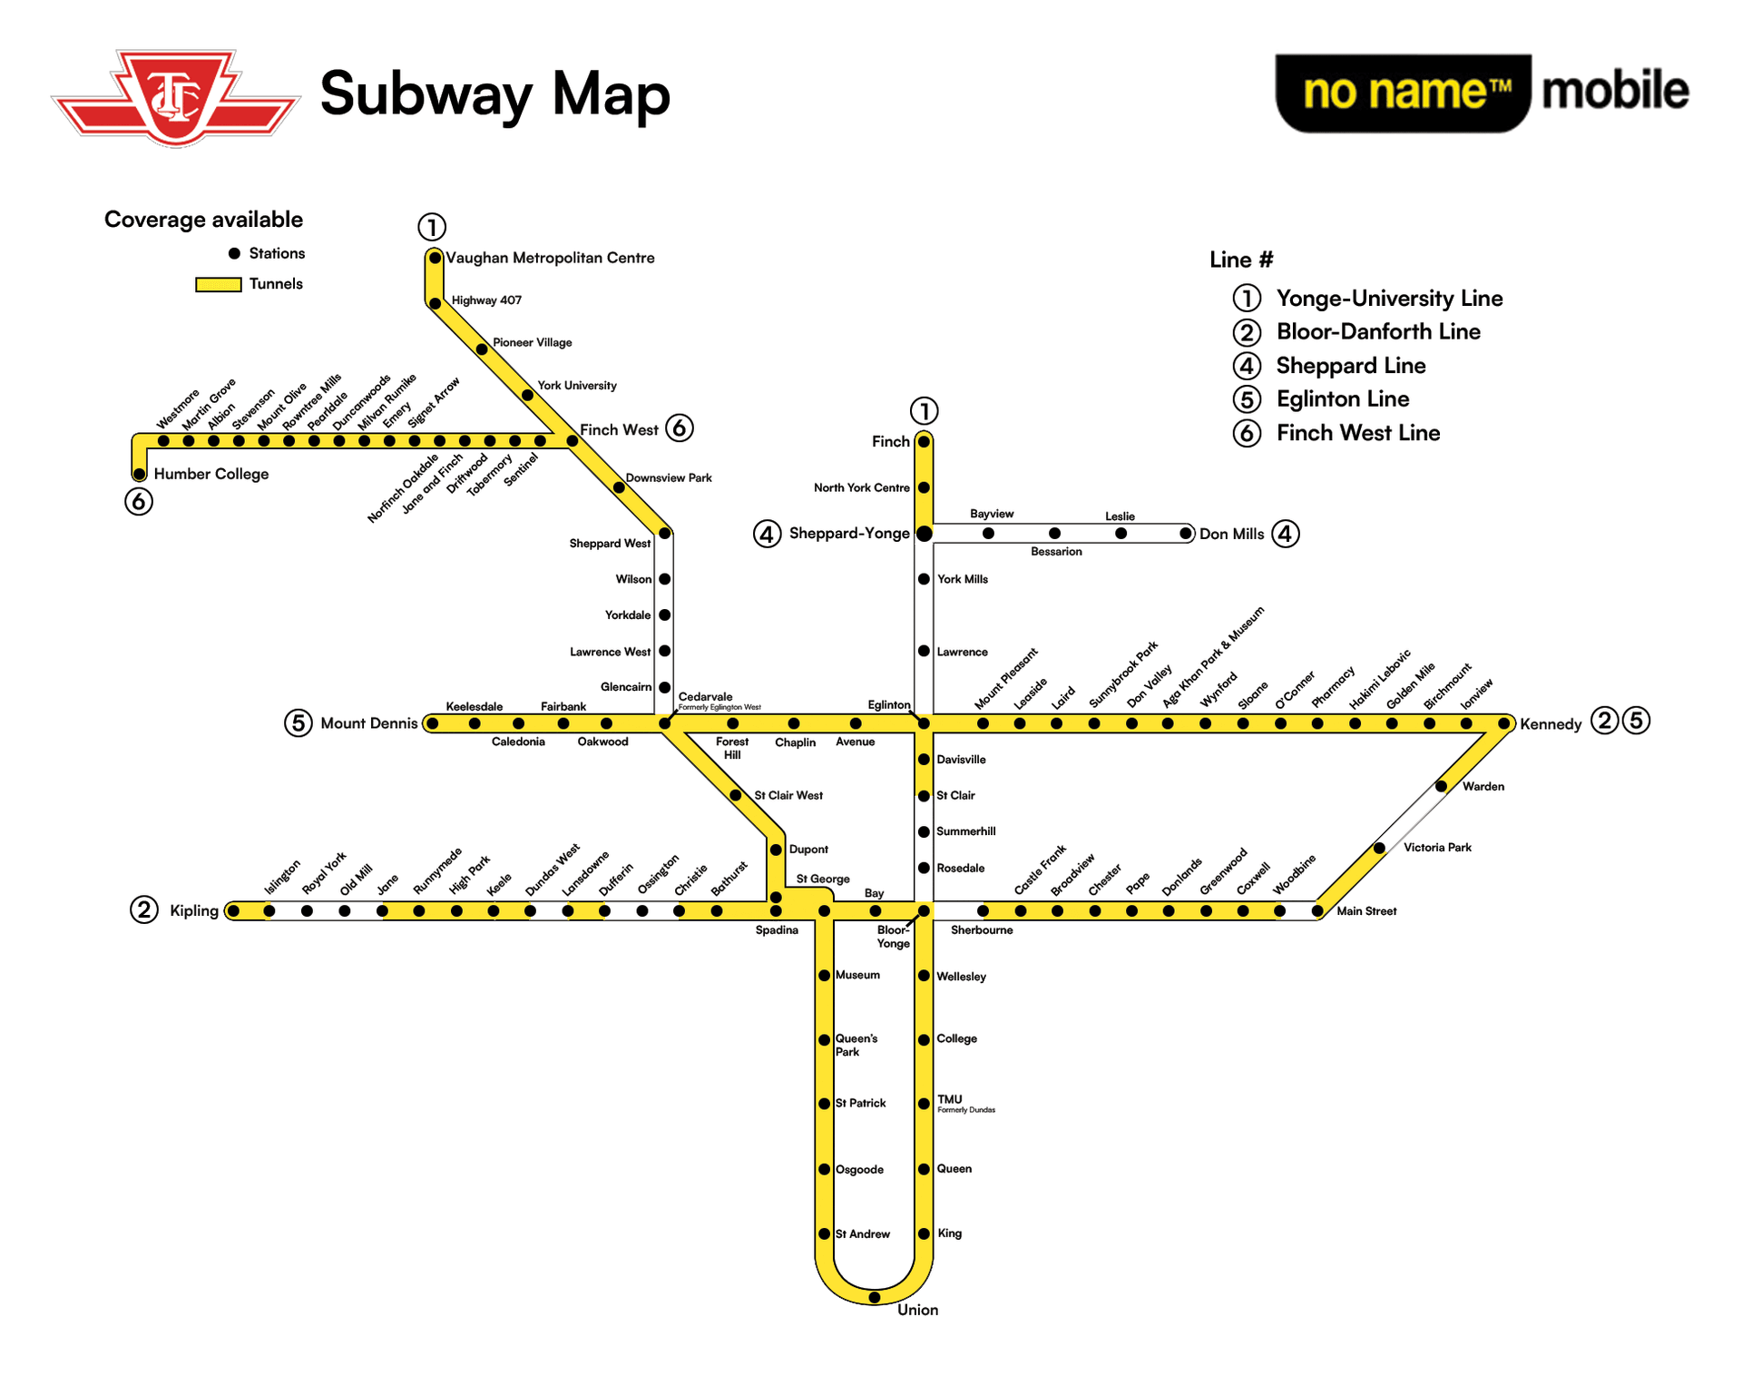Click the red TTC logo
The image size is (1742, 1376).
click(x=176, y=98)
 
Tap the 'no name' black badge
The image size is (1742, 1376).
click(x=1403, y=93)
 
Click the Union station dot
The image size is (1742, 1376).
click(x=874, y=1297)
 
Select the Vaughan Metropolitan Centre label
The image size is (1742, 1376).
click(x=550, y=258)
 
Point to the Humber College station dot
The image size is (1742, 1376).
click(x=139, y=474)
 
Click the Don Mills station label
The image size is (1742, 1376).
click(x=1231, y=534)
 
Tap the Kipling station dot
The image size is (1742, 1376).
click(x=233, y=910)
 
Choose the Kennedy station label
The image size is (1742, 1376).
click(x=1551, y=724)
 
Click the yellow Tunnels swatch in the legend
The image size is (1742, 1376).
click(x=218, y=284)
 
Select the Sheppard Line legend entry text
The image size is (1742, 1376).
click(x=1351, y=366)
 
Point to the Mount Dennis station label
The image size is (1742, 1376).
click(x=368, y=723)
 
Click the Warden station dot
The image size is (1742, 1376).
click(x=1441, y=786)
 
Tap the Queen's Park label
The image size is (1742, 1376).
click(x=856, y=1045)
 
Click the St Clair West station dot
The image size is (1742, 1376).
click(x=736, y=795)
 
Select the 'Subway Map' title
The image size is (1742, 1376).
click(x=494, y=94)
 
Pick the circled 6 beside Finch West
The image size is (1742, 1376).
click(x=679, y=428)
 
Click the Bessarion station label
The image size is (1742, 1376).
click(x=1056, y=552)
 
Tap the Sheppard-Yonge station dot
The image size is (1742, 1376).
click(x=924, y=534)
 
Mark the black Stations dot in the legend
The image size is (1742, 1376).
click(x=234, y=253)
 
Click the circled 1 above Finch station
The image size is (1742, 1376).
click(x=924, y=411)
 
